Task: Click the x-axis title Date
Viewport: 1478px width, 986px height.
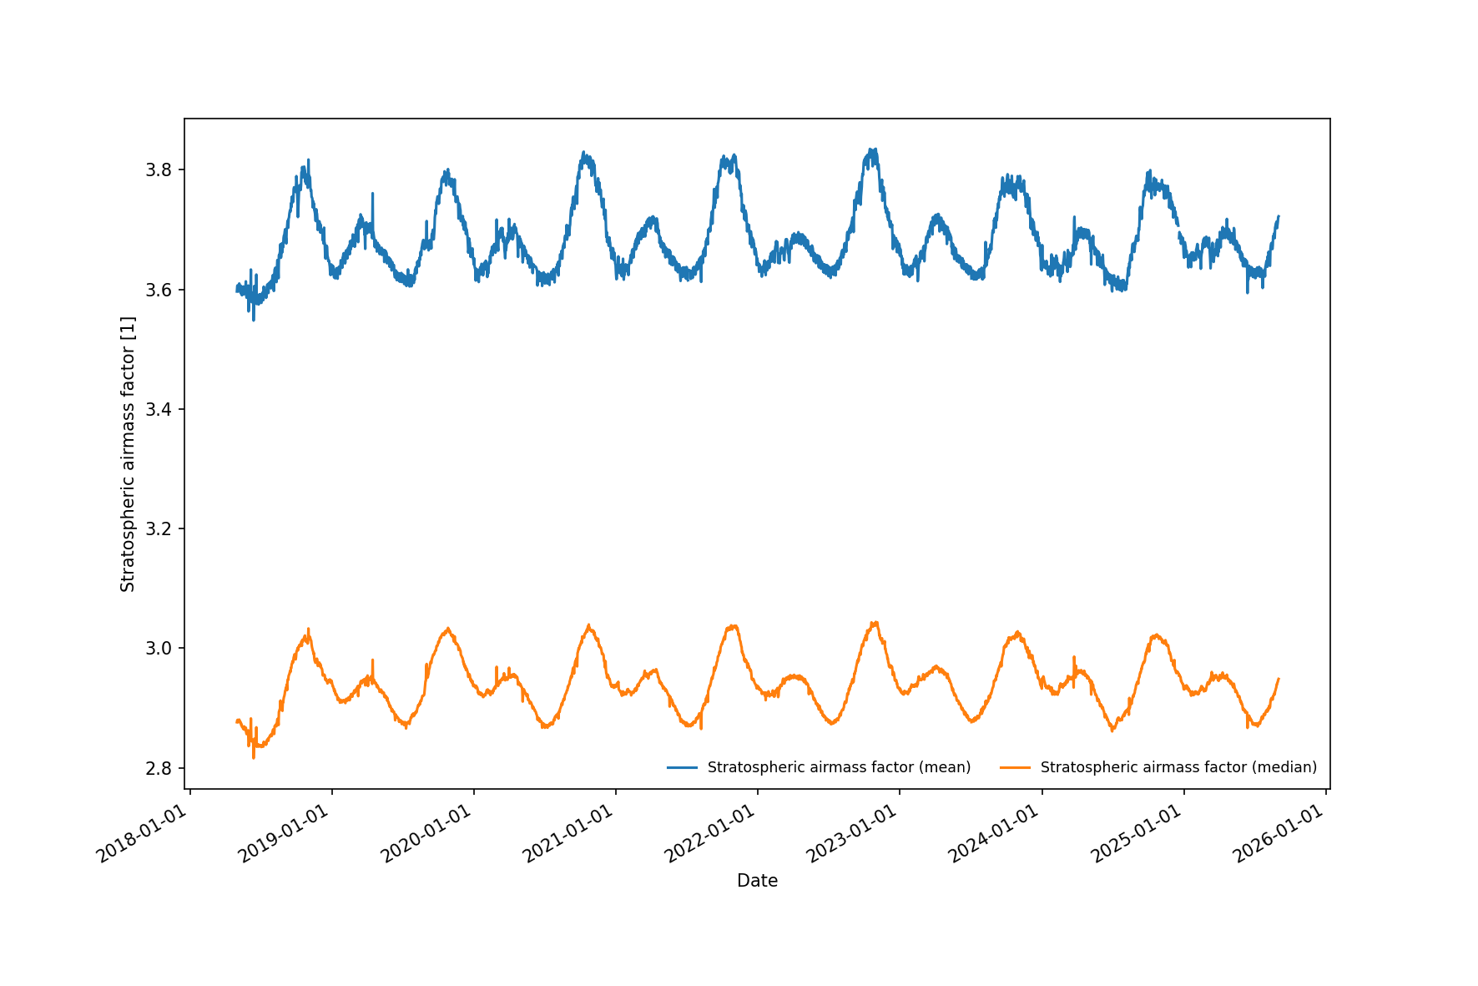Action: tap(757, 881)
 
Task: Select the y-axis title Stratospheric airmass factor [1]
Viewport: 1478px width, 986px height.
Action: tap(128, 454)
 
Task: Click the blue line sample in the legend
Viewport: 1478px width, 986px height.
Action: tap(682, 767)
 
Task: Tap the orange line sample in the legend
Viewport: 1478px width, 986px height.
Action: tap(1015, 767)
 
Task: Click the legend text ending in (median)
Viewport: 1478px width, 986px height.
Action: tap(1178, 767)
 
